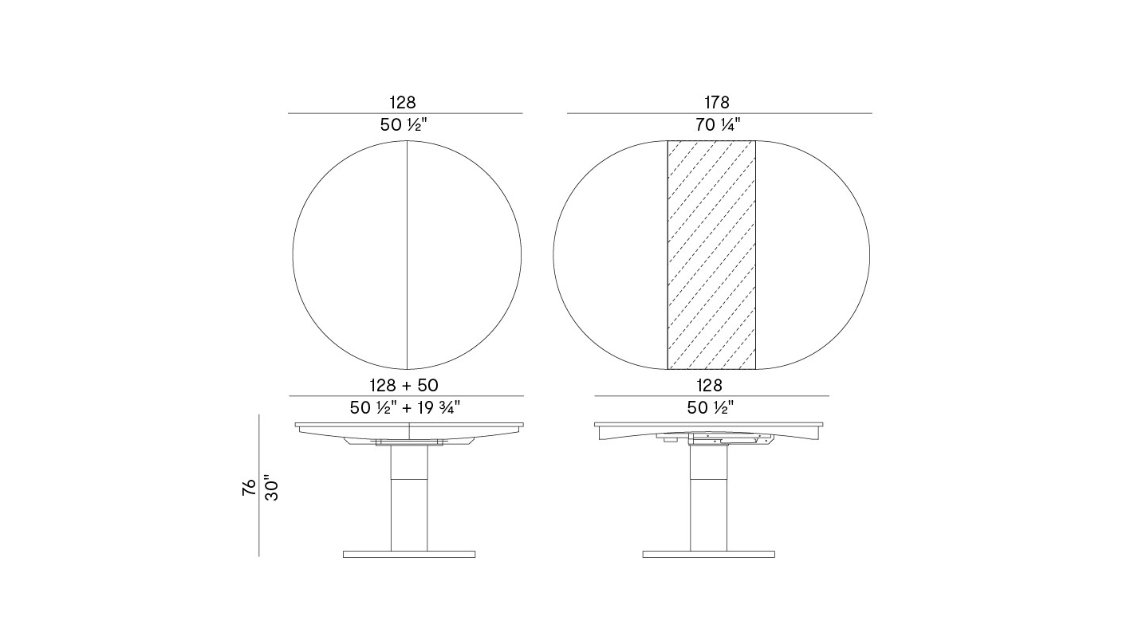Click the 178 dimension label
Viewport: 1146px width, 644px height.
point(717,103)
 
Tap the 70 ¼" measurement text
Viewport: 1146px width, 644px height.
point(718,124)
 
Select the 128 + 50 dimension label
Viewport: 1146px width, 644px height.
point(404,386)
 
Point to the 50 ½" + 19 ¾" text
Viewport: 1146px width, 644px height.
point(405,408)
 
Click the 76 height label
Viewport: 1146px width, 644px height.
point(249,487)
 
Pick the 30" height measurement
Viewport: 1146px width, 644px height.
point(271,489)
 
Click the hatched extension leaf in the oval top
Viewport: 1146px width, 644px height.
point(711,254)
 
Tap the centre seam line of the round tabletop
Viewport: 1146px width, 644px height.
point(408,254)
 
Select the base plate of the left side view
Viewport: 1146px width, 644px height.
point(409,554)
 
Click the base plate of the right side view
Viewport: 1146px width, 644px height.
point(709,554)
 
